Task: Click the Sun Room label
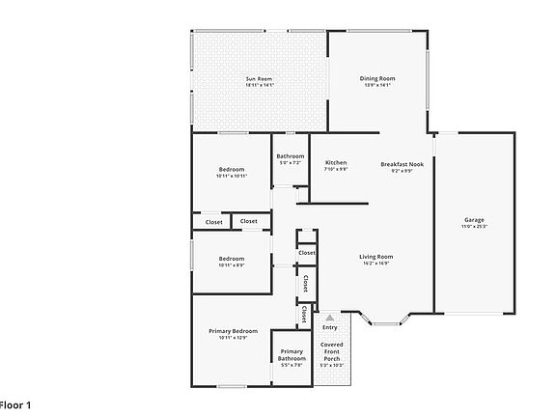coord(259,78)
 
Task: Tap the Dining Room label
coord(377,78)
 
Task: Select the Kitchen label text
coord(336,162)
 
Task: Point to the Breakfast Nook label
coord(403,163)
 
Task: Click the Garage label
coord(474,219)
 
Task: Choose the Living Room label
coord(376,256)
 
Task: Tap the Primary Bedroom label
coord(233,331)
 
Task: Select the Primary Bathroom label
coord(292,354)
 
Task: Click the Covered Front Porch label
coord(331,351)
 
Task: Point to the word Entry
coord(330,327)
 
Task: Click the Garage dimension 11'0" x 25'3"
coord(474,227)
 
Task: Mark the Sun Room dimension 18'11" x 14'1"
coord(259,85)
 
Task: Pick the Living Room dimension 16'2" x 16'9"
coord(376,263)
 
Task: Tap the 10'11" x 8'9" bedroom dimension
coord(231,264)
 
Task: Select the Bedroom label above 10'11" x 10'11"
coord(231,169)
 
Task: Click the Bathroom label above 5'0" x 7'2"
coord(291,156)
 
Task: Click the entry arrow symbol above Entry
coord(330,317)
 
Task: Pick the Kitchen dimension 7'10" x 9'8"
coord(336,169)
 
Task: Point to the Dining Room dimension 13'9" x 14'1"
coord(377,85)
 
